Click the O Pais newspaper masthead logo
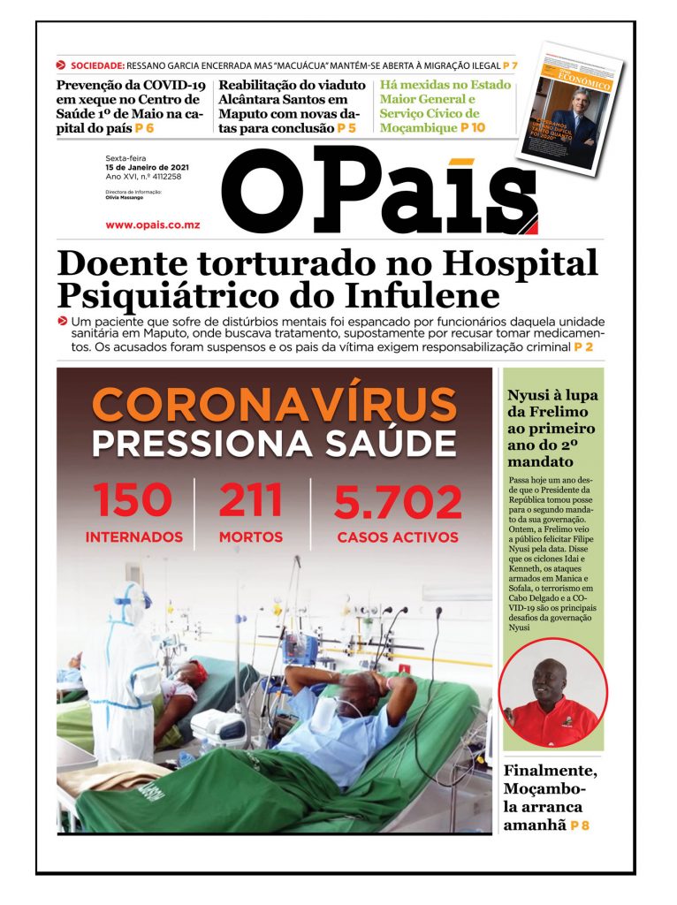click(x=380, y=190)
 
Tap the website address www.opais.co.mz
click(x=152, y=225)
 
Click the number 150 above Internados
click(x=133, y=502)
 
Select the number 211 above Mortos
click(x=250, y=501)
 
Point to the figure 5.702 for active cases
click(x=397, y=504)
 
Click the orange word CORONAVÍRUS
click(x=274, y=405)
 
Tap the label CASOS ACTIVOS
click(x=397, y=537)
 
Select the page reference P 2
click(x=583, y=348)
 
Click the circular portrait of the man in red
click(x=553, y=694)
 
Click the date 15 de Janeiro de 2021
click(x=147, y=168)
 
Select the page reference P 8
click(x=580, y=825)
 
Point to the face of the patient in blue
click(x=349, y=707)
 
